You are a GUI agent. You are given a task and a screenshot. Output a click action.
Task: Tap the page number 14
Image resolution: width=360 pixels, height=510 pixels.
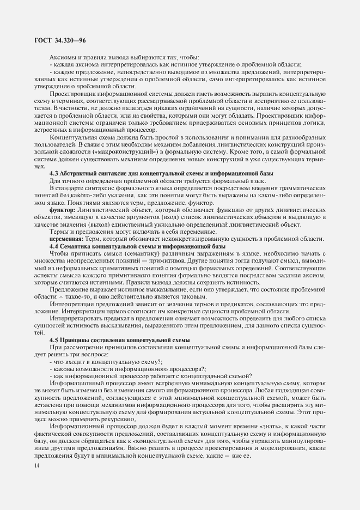36,465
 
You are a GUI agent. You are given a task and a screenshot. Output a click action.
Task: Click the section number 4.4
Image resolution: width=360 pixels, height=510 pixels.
54,246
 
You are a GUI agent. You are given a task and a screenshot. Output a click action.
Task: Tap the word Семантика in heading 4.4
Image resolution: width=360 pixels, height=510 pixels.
82,246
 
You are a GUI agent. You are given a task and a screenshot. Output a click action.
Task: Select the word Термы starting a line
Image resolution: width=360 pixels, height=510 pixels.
59,232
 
